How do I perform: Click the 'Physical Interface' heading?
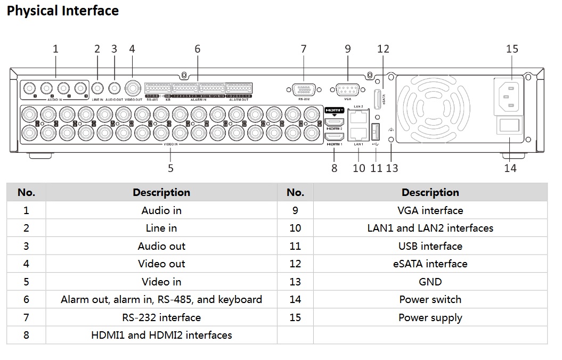[63, 11]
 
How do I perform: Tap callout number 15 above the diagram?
[511, 49]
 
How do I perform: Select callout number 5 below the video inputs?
[170, 168]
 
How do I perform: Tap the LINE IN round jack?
[97, 88]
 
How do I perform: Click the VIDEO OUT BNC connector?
[132, 88]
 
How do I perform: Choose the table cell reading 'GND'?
[430, 282]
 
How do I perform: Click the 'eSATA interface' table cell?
[430, 264]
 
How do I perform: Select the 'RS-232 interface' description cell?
[161, 317]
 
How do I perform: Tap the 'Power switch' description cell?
[430, 299]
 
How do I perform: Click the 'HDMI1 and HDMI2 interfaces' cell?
[161, 335]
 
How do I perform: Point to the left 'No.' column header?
[26, 192]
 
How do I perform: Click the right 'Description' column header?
[430, 192]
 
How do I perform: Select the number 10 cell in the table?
[295, 228]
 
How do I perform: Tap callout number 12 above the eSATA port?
[383, 49]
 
